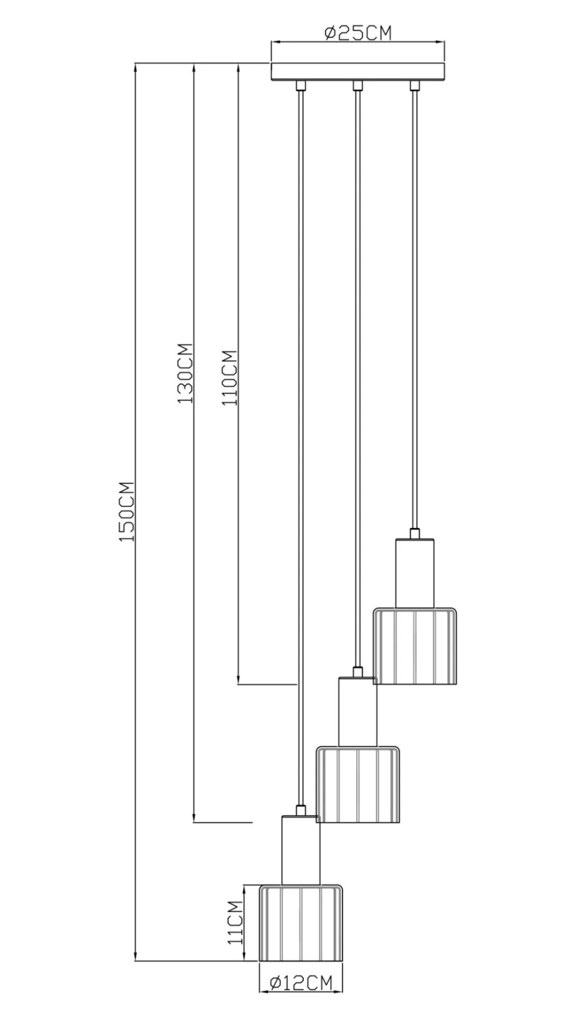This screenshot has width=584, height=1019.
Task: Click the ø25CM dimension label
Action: click(x=358, y=32)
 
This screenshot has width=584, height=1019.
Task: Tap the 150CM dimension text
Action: click(x=126, y=511)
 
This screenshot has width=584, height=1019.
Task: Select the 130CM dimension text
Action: click(x=185, y=373)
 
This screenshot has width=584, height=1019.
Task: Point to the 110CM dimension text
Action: click(x=229, y=378)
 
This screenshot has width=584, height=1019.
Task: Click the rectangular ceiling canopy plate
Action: click(x=358, y=72)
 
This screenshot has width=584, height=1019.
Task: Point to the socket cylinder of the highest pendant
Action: click(x=415, y=573)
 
